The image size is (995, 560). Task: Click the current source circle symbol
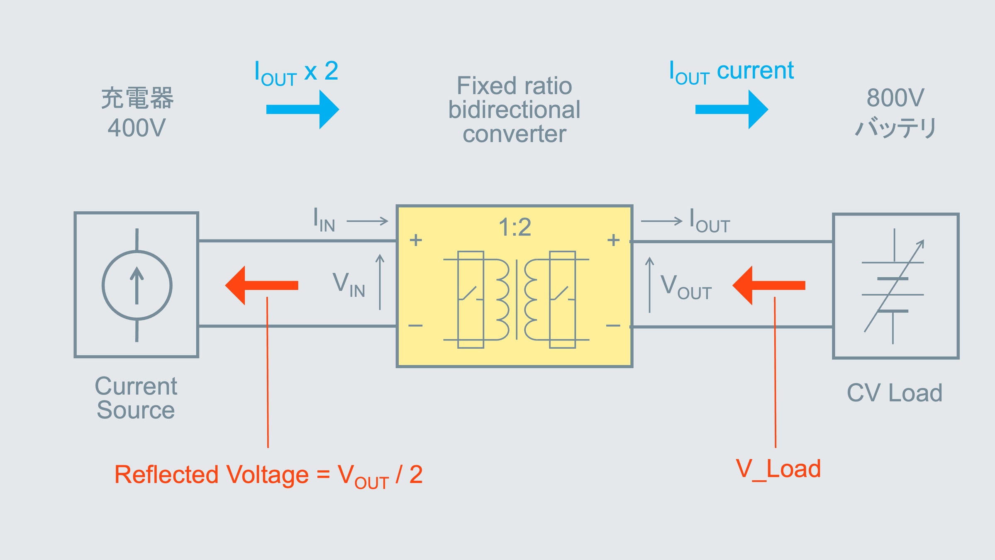pyautogui.click(x=137, y=285)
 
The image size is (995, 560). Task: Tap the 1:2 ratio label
pyautogui.click(x=515, y=227)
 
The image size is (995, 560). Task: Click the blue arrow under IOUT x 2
pyautogui.click(x=302, y=110)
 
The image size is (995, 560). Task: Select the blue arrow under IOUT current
pyautogui.click(x=732, y=110)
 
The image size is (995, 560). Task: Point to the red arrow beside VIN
pyautogui.click(x=261, y=285)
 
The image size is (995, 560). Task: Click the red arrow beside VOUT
pyautogui.click(x=768, y=285)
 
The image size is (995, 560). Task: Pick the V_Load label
pyautogui.click(x=778, y=469)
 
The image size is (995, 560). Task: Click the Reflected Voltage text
pyautogui.click(x=211, y=474)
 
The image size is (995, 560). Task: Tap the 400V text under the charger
pyautogui.click(x=137, y=127)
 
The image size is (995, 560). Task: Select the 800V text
pyautogui.click(x=895, y=98)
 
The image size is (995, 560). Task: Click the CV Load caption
pyautogui.click(x=894, y=393)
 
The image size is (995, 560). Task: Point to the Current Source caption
pyautogui.click(x=136, y=398)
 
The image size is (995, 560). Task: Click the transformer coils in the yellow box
pyautogui.click(x=517, y=299)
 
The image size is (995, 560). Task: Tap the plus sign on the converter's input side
pyautogui.click(x=416, y=240)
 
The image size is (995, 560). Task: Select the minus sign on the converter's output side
pyautogui.click(x=613, y=325)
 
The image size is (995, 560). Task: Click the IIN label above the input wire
pyautogui.click(x=324, y=220)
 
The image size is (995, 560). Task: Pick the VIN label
pyautogui.click(x=349, y=285)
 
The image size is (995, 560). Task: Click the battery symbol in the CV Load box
pyautogui.click(x=893, y=286)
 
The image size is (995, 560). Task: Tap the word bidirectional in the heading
pyautogui.click(x=514, y=110)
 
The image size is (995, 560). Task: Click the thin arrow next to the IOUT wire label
pyautogui.click(x=661, y=221)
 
